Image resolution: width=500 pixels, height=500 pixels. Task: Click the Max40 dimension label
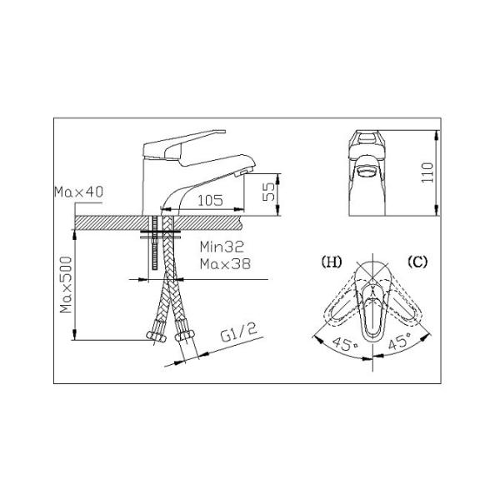(79, 192)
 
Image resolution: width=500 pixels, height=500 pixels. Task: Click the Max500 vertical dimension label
(66, 284)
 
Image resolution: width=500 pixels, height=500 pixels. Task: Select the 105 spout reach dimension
(211, 201)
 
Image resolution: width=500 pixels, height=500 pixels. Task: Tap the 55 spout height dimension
(268, 192)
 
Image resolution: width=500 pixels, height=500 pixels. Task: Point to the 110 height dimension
(427, 172)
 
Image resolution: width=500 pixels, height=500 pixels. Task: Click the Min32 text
(222, 247)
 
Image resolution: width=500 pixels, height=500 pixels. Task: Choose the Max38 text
(225, 264)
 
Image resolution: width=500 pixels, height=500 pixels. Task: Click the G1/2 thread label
(239, 332)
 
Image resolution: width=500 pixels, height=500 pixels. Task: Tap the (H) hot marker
(332, 262)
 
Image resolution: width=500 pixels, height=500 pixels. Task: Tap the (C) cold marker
(417, 262)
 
